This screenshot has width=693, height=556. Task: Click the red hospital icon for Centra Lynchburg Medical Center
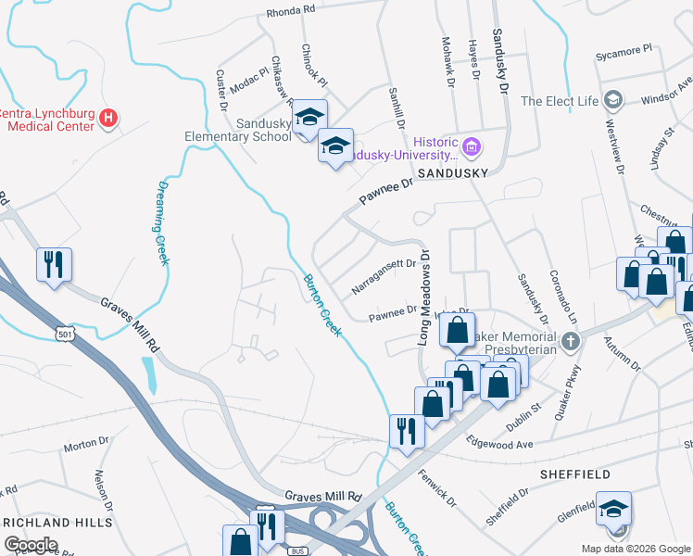pos(108,118)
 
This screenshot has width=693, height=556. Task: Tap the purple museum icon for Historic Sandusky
pos(472,145)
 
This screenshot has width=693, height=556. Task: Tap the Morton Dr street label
pos(87,447)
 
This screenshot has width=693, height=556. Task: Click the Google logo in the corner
pos(31,544)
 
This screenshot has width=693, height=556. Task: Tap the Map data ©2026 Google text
pos(635,549)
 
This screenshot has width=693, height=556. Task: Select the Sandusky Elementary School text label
pos(239,130)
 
